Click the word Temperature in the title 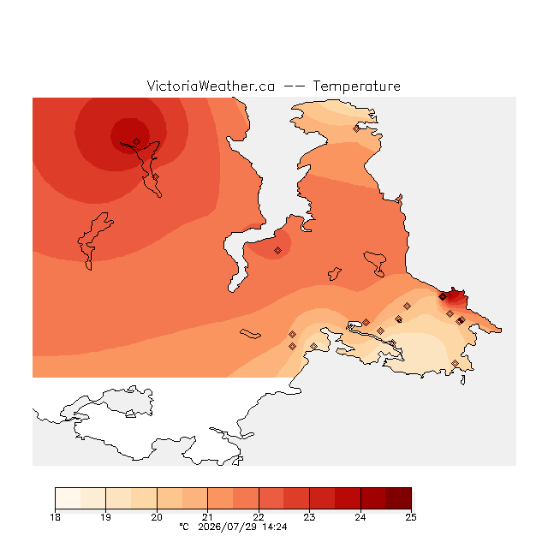pyautogui.click(x=356, y=86)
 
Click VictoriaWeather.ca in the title pyautogui.click(x=211, y=86)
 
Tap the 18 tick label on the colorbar pyautogui.click(x=55, y=517)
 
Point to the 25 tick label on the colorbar pyautogui.click(x=411, y=517)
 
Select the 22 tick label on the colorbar pyautogui.click(x=259, y=517)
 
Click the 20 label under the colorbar pyautogui.click(x=157, y=517)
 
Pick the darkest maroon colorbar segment pyautogui.click(x=398, y=498)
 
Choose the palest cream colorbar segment pyautogui.click(x=68, y=498)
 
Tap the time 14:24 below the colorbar pyautogui.click(x=275, y=527)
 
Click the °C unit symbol pyautogui.click(x=184, y=527)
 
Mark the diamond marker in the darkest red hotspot pyautogui.click(x=137, y=141)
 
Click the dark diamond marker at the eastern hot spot pyautogui.click(x=443, y=297)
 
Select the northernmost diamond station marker pyautogui.click(x=356, y=128)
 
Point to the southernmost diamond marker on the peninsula pyautogui.click(x=455, y=363)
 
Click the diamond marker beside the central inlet pyautogui.click(x=277, y=250)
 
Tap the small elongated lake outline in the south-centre pyautogui.click(x=250, y=334)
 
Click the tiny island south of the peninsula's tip pyautogui.click(x=463, y=380)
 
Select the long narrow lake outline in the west pyautogui.click(x=93, y=241)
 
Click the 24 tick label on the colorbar pyautogui.click(x=360, y=517)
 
